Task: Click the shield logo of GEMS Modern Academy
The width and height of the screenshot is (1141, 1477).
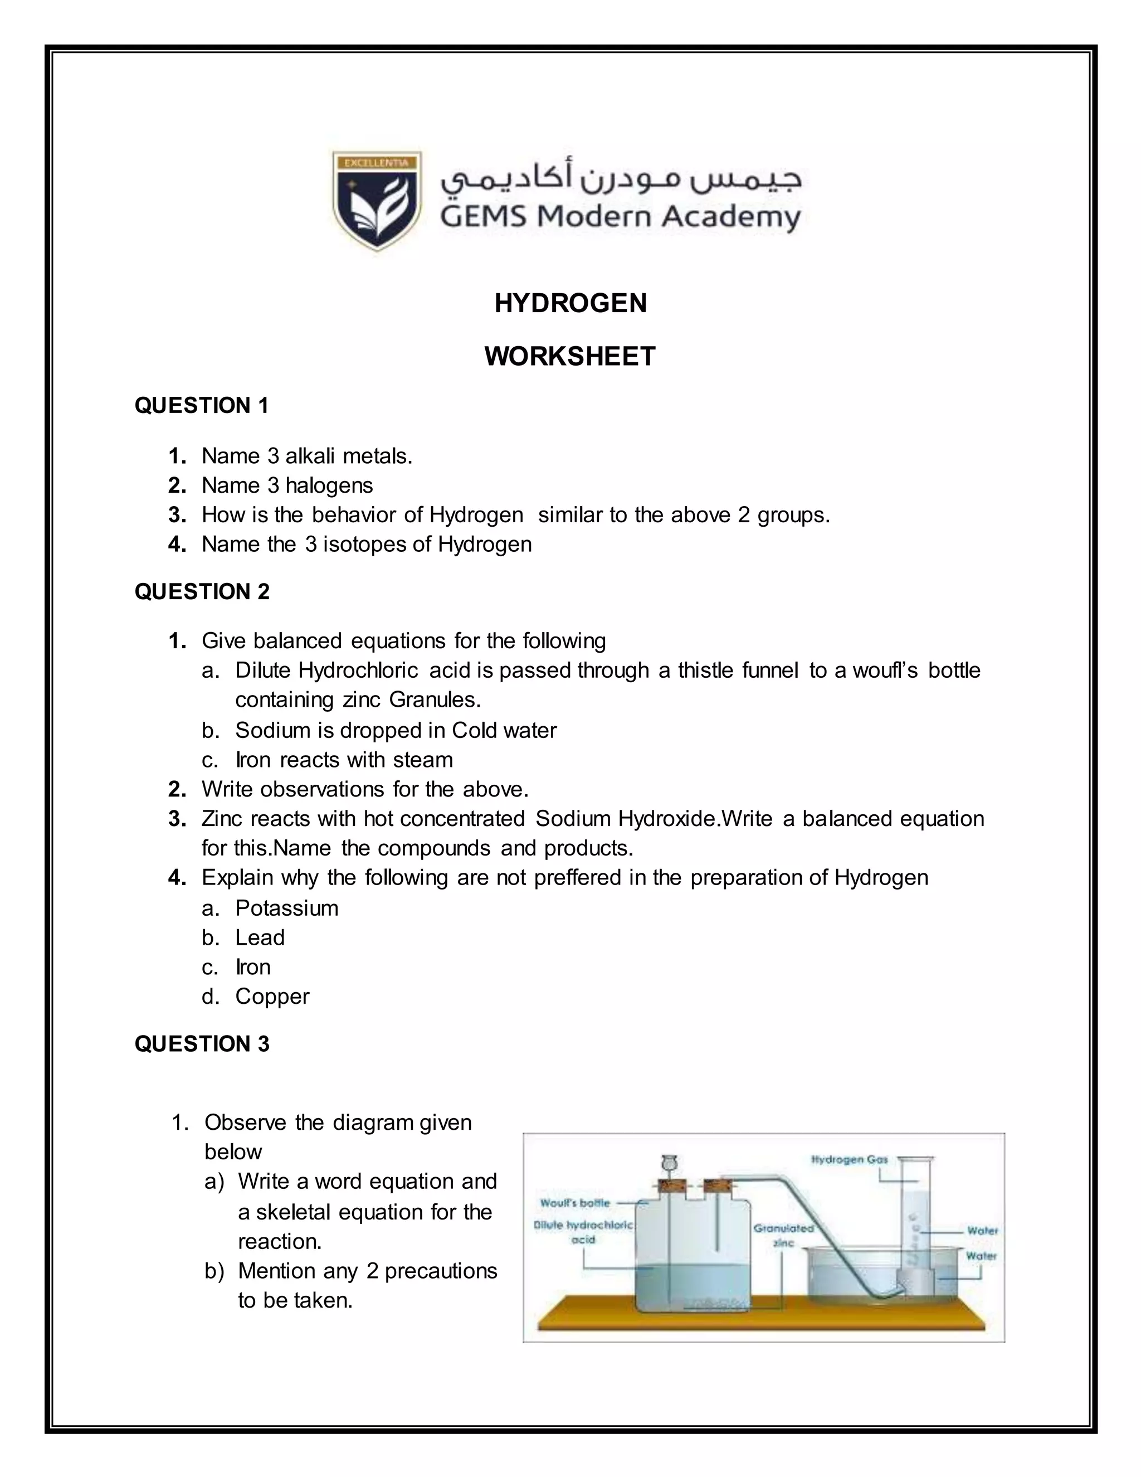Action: click(x=377, y=200)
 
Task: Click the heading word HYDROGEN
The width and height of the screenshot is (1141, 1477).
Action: click(x=570, y=303)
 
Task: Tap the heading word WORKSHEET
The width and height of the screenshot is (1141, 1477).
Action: click(x=570, y=356)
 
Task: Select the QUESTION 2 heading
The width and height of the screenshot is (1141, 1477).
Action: click(x=202, y=592)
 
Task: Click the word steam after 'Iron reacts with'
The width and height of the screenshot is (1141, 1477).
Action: click(x=422, y=760)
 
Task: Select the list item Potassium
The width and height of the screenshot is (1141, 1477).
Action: click(x=286, y=908)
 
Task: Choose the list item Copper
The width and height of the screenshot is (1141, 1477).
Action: click(x=272, y=997)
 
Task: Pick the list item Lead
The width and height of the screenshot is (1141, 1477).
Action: click(x=260, y=938)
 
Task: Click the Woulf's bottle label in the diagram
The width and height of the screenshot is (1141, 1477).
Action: click(x=574, y=1203)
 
